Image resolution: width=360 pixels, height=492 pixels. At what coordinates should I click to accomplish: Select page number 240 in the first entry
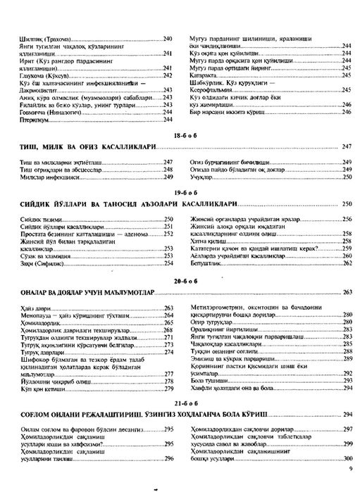coord(168,38)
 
